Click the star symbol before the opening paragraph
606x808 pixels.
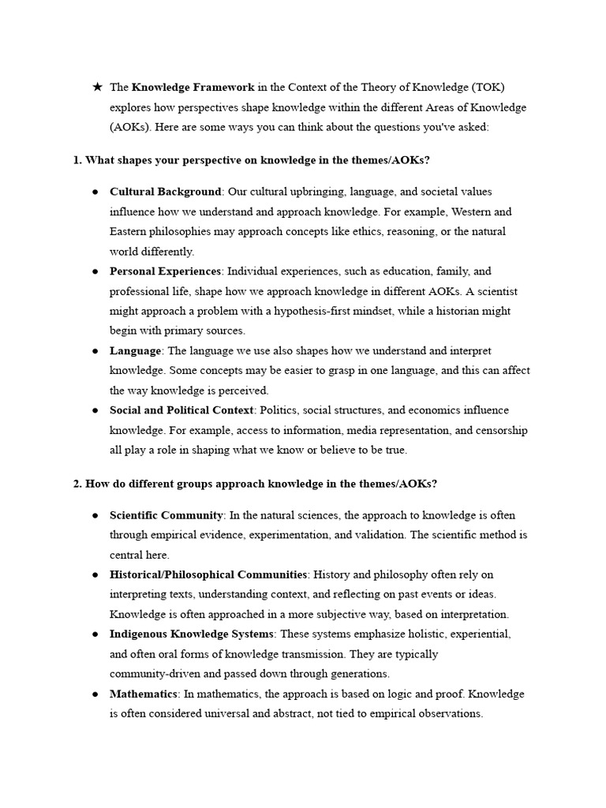pos(96,87)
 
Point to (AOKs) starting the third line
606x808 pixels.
pos(127,126)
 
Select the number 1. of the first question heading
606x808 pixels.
pos(77,160)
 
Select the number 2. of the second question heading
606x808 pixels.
pos(77,484)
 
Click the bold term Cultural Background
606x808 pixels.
pos(166,192)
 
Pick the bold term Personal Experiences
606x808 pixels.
pos(166,271)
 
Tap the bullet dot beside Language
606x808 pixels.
pos(95,351)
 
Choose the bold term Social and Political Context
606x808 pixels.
pos(182,410)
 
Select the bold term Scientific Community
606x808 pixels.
pos(166,515)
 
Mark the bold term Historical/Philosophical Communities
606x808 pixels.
pos(208,574)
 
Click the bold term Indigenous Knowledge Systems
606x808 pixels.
pos(192,634)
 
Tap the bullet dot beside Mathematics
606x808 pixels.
pos(95,694)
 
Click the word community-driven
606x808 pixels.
pos(152,675)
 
